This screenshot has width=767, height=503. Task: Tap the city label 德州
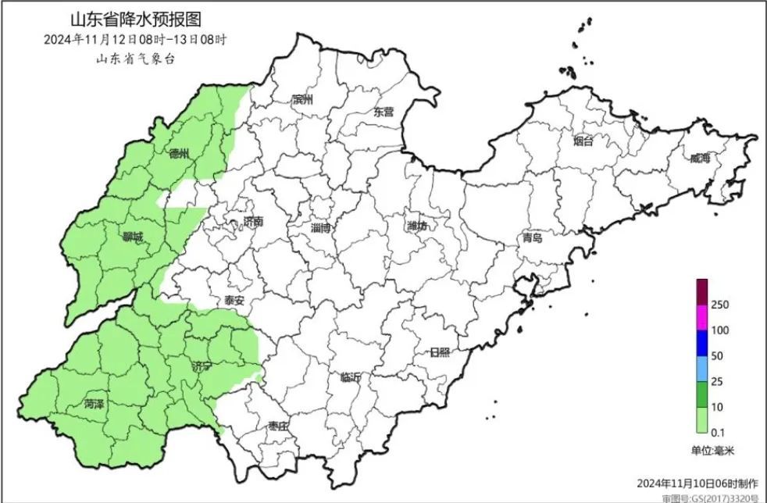coord(180,154)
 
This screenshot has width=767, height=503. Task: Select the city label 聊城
coord(132,237)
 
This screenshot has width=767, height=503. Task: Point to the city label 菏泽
coord(96,405)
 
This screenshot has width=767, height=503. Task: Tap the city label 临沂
coord(351,377)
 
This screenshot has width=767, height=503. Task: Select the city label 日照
coord(440,352)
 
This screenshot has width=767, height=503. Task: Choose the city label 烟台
coord(583,141)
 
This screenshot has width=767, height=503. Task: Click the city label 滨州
coord(301,100)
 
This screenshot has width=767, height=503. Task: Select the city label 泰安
coord(234,300)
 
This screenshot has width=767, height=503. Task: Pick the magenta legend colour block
coord(701,316)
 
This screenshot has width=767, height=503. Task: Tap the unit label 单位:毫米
coord(712,451)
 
